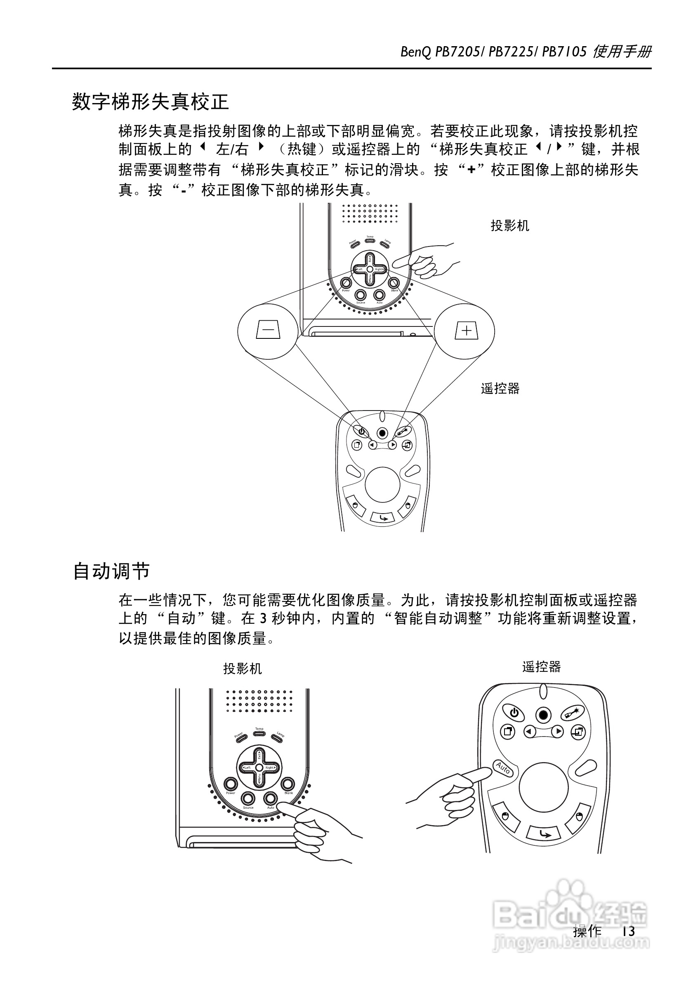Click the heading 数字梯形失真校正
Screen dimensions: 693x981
point(151,102)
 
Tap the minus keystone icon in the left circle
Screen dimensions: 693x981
point(268,330)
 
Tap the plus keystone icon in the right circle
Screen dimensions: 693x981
point(467,330)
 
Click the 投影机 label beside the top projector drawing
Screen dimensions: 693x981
point(509,225)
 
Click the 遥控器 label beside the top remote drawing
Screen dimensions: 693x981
point(500,388)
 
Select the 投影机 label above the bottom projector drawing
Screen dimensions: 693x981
point(243,669)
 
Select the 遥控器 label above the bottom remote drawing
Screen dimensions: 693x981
point(541,667)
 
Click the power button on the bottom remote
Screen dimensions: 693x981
point(514,713)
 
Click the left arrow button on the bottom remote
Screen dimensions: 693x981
point(530,732)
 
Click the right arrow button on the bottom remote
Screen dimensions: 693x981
point(557,732)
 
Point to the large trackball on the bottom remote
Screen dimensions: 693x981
point(543,787)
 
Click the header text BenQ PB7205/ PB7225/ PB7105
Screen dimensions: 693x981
point(493,52)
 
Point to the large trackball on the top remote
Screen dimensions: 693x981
point(383,484)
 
